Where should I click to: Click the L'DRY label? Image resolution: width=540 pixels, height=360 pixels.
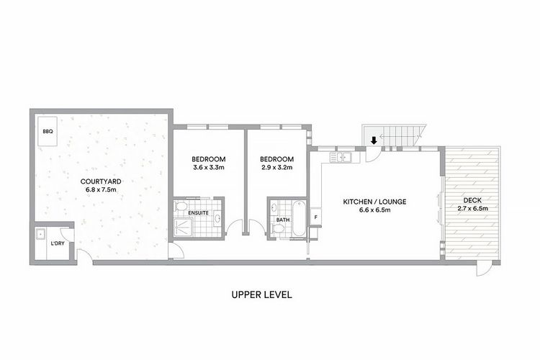coord(57,243)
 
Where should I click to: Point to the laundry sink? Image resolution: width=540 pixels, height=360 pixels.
coord(42,235)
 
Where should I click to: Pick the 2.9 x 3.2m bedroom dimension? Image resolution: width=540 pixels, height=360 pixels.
coord(277,168)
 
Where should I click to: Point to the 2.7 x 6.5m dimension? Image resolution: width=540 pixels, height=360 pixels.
coord(472,209)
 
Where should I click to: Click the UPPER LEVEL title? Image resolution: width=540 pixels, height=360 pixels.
coord(261,294)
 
